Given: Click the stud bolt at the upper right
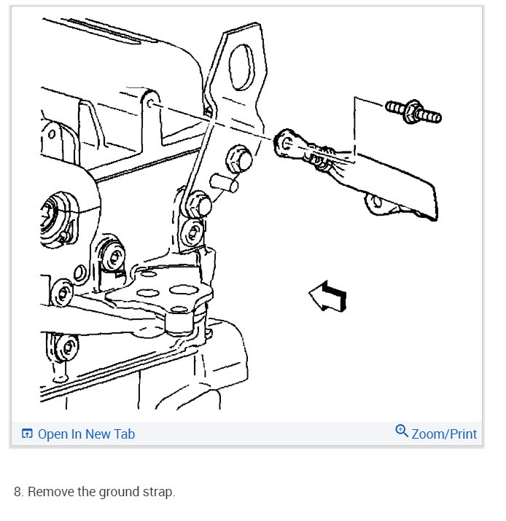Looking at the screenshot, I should point(413,111).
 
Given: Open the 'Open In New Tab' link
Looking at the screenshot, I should point(85,434).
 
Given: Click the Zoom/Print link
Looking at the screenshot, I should point(443,434).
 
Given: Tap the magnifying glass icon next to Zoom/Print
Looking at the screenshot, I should point(402,431).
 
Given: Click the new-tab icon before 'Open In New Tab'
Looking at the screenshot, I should point(27,434).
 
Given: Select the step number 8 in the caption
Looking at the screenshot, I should point(19,492).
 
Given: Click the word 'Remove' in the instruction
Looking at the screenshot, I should point(49,492).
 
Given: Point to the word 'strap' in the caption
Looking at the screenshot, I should point(158,492).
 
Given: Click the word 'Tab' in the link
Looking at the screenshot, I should point(123,434).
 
